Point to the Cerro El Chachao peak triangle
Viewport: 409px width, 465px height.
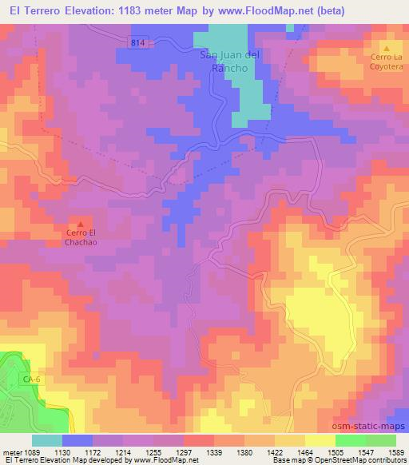pos(80,223)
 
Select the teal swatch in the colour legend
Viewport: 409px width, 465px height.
pos(47,440)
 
